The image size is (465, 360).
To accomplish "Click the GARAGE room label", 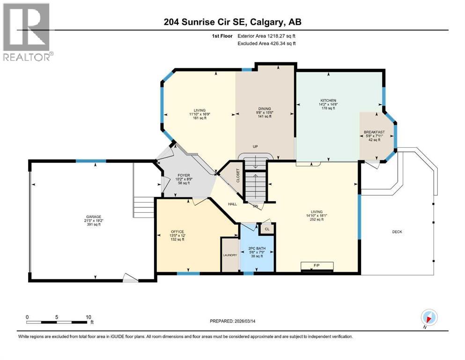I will coord(92,217).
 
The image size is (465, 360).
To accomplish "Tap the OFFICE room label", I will coord(177,231).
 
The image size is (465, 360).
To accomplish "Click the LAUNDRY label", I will coord(229,255).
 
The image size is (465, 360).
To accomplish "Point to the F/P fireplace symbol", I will coord(317,265).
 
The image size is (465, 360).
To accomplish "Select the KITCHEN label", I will coord(328,100).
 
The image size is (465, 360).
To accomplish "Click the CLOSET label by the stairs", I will coord(238,175).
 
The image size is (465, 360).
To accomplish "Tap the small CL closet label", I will coord(267,229).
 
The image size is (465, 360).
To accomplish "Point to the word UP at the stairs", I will coord(255,147).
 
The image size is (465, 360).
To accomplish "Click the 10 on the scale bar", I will coord(89,316).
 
